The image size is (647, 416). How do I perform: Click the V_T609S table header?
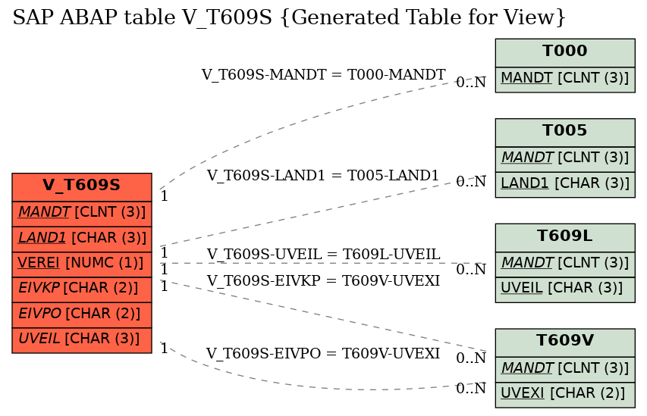point(82,187)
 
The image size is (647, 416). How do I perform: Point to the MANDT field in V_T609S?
point(82,214)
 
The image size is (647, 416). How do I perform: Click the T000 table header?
point(565,53)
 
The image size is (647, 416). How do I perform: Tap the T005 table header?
point(565,133)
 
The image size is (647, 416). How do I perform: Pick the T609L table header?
point(565,238)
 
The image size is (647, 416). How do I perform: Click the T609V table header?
point(565,342)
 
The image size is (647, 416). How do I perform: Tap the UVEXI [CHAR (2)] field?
point(565,395)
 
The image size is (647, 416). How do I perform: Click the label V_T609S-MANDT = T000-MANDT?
point(323,74)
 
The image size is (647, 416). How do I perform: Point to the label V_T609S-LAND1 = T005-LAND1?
point(322,175)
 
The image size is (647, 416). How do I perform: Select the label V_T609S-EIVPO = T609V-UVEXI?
point(322,353)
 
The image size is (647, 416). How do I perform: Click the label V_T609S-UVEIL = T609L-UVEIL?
point(323,255)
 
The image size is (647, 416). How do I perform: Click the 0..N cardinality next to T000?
point(471,83)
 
